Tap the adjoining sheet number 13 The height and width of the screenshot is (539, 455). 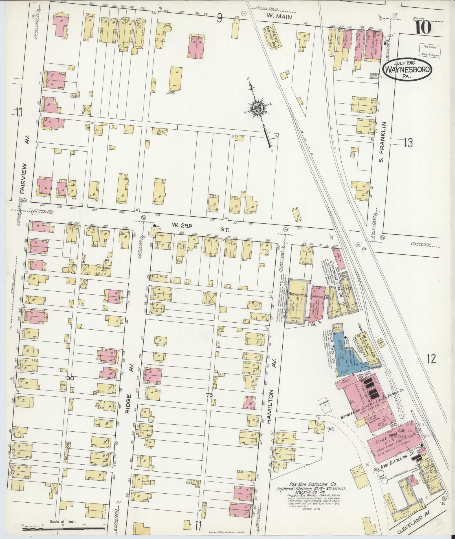click(x=408, y=143)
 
